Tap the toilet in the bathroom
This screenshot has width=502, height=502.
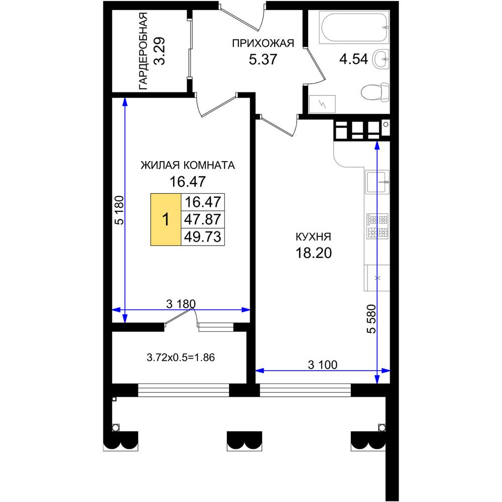pos(375,92)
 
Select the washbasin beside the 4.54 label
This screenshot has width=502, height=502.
pos(381,59)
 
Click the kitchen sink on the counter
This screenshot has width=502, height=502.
pos(377,182)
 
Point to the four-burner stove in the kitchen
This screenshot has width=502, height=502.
pos(378,226)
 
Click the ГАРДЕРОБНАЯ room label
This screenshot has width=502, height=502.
pos(143,51)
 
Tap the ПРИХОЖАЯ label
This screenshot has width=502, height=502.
pos(263,43)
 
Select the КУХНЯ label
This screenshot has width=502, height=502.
pos(313,237)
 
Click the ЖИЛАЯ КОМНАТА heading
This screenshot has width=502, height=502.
pos(188,165)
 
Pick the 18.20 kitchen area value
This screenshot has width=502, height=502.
pos(313,253)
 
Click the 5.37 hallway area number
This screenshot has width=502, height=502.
pos(263,59)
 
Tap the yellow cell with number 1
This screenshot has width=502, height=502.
pos(166,220)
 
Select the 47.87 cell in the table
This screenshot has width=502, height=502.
pos(203,220)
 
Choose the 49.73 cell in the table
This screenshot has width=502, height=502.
pos(203,237)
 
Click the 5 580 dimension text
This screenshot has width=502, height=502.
pos(371,319)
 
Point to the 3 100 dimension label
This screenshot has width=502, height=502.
pos(323,364)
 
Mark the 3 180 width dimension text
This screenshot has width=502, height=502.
pos(181,304)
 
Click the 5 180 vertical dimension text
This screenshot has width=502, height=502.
pos(118,210)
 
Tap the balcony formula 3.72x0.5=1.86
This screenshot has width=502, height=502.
pos(181,357)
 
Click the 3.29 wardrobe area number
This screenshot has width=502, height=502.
pos(159,51)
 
